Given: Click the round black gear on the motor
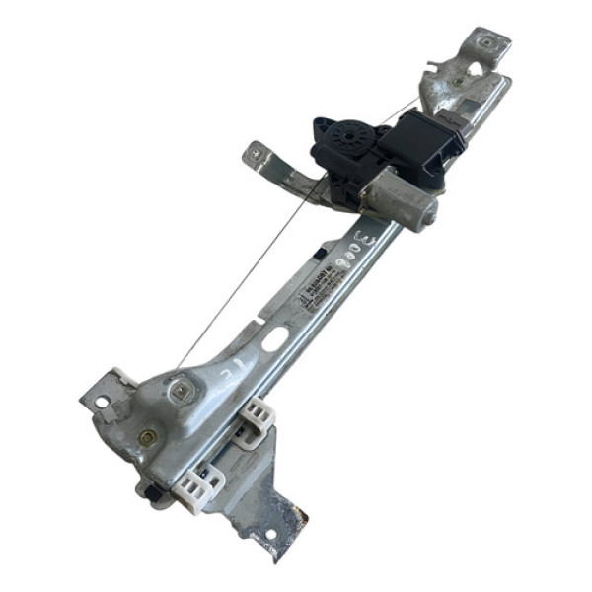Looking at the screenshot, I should point(347,135).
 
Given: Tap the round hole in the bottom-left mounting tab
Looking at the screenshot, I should point(101,402).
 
